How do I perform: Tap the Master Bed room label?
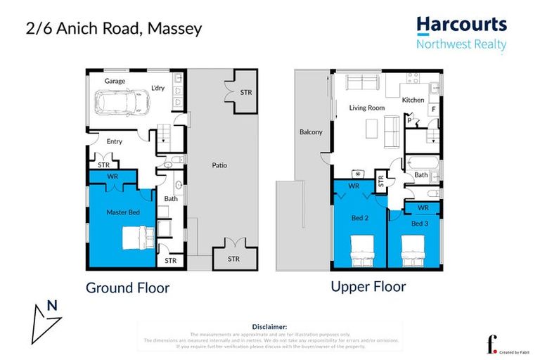120,212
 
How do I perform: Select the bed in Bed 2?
359,250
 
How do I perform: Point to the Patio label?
220,166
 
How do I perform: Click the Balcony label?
310,132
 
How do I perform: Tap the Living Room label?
367,108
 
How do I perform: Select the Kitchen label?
413,100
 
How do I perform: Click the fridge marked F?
433,110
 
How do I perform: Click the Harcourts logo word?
461,25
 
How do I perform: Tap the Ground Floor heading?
127,288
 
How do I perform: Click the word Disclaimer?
269,327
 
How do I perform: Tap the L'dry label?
158,89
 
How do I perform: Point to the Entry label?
114,141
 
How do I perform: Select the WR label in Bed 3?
423,208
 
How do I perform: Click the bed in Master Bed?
134,237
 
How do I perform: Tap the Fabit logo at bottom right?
490,345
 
